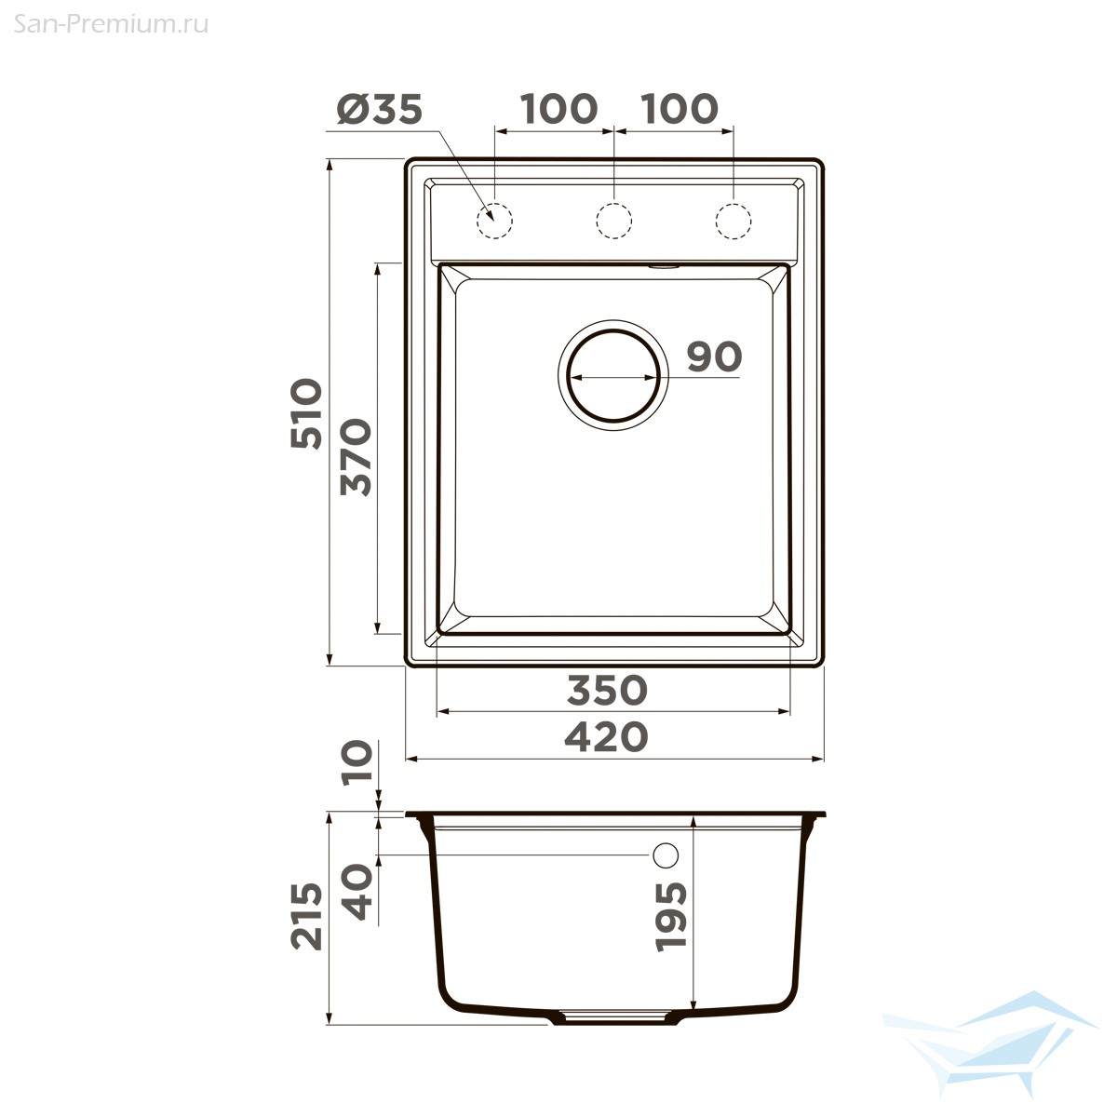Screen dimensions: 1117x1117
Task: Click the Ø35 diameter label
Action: [380, 109]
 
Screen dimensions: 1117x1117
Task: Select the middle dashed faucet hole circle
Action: [596, 221]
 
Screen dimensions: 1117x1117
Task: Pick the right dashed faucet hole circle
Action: [716, 221]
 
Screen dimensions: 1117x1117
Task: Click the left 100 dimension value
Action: [558, 108]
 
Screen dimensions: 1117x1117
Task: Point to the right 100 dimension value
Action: [680, 108]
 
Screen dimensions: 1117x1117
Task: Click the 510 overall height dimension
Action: [306, 413]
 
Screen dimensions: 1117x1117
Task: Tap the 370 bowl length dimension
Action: [356, 457]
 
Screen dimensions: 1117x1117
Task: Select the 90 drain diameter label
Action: [714, 357]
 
